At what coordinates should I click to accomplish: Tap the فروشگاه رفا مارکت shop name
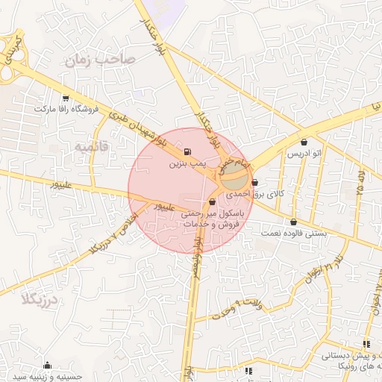pyautogui.click(x=66, y=109)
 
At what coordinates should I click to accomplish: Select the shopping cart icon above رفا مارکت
pyautogui.click(x=66, y=98)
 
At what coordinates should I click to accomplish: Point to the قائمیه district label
pyautogui.click(x=91, y=147)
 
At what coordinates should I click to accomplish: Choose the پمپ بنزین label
pyautogui.click(x=187, y=162)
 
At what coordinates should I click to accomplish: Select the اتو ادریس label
pyautogui.click(x=304, y=154)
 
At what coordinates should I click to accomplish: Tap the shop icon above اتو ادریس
pyautogui.click(x=304, y=143)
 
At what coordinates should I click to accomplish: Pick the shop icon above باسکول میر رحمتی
pyautogui.click(x=213, y=201)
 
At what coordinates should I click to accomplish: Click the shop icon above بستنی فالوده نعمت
pyautogui.click(x=293, y=222)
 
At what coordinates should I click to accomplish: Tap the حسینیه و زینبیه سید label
pyautogui.click(x=48, y=377)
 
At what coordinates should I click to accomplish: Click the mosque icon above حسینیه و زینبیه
pyautogui.click(x=48, y=366)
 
